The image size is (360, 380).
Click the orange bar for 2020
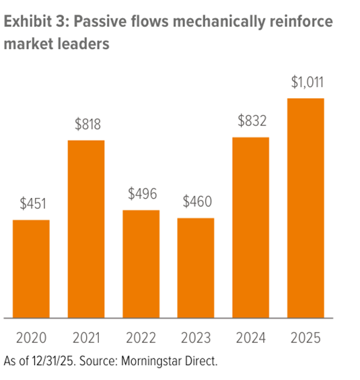point(31,268)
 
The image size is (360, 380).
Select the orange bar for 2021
point(86,228)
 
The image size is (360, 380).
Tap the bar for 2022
point(141,263)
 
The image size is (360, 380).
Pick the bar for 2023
point(196,267)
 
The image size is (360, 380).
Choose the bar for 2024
point(251,227)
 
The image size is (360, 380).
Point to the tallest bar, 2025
point(306,208)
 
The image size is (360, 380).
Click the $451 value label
point(31,203)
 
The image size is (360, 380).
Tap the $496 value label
point(141,194)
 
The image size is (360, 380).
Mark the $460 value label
point(196,201)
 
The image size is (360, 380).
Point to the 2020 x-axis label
point(31,337)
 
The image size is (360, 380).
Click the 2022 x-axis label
point(141,337)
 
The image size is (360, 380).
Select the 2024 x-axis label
point(251,337)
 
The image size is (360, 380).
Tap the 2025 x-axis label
point(306,337)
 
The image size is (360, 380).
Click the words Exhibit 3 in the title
point(35,22)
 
